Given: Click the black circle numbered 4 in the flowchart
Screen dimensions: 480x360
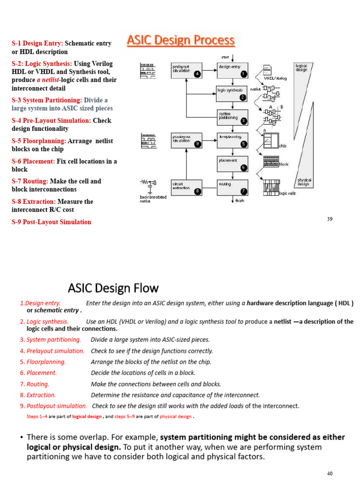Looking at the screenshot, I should tap(197, 74).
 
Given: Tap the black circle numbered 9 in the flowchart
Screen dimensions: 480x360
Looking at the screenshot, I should tap(197, 144).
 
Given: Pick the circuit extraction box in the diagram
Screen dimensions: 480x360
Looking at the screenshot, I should tap(187, 187).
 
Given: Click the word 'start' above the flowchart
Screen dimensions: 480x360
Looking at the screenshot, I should tap(225, 57).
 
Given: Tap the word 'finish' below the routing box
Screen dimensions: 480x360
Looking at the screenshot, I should tap(240, 201).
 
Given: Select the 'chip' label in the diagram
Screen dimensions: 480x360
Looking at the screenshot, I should tap(283, 146).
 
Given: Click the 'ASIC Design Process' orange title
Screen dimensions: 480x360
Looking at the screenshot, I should tap(180, 41).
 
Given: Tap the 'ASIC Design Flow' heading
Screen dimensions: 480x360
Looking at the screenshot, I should tap(113, 287).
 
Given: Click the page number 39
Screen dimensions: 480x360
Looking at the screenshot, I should tap(330, 219).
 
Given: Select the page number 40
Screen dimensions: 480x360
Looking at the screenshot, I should tap(330, 473).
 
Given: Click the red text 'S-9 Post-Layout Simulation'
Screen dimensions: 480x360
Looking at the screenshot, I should tap(52, 222).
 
